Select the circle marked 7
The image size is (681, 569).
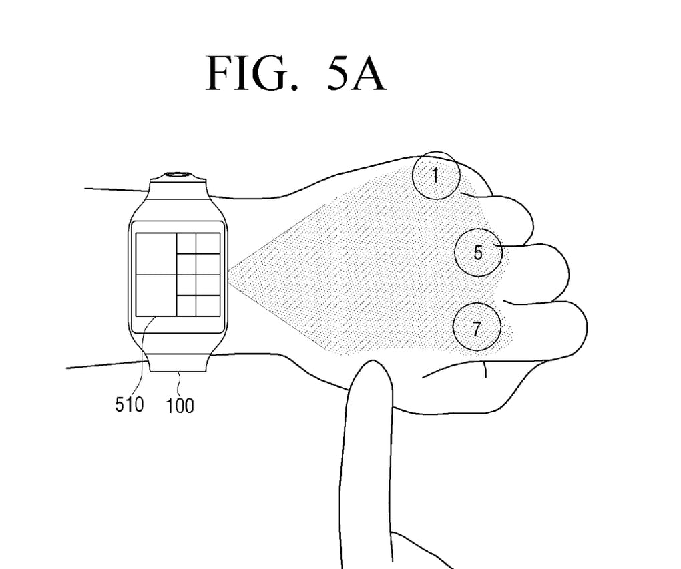476,328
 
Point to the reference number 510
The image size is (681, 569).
129,404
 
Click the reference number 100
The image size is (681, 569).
180,404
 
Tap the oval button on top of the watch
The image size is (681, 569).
178,176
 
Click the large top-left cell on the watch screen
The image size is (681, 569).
156,253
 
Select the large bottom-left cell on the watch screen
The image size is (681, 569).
156,295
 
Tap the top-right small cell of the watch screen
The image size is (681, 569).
208,243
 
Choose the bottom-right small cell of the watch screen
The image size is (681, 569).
208,305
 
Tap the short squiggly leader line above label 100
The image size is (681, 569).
180,380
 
